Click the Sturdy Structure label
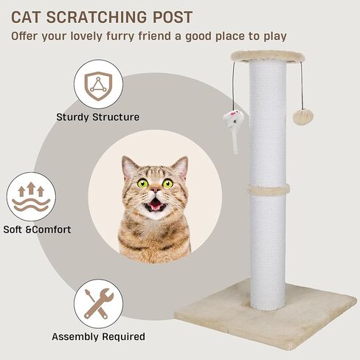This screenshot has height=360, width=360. click(97, 117)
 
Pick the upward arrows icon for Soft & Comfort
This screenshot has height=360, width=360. click(31, 195)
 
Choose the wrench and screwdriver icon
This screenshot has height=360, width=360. click(97, 302)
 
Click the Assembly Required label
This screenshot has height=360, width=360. click(98, 337)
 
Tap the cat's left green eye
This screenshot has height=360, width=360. click(142, 183)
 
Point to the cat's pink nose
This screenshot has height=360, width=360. click(155, 195)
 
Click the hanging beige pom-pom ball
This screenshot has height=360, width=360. click(301, 116)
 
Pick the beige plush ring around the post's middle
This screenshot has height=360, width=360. click(269, 190)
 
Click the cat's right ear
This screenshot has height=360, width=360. click(180, 167)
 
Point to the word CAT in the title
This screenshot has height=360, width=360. click(31, 17)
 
